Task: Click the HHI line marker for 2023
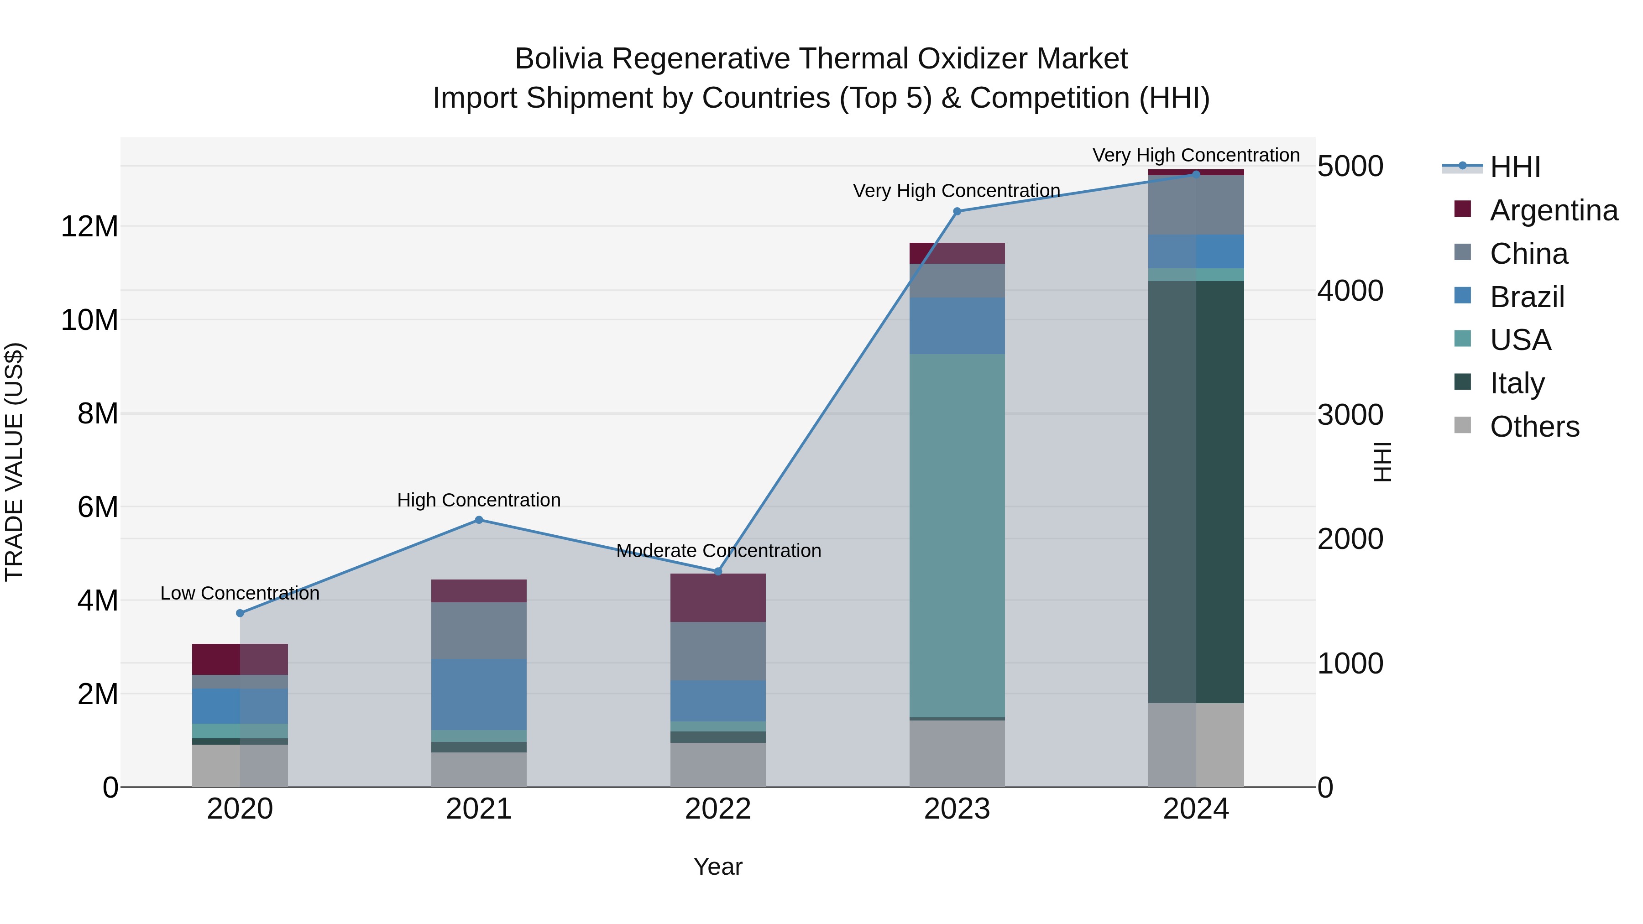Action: (957, 211)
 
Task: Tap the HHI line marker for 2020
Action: (240, 613)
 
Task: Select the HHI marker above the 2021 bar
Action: (479, 520)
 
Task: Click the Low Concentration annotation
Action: (240, 593)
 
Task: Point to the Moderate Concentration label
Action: (718, 550)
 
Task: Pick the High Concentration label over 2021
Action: (479, 500)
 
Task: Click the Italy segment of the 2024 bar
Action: (1196, 491)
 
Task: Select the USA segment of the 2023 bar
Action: (957, 536)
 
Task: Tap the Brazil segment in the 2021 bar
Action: (479, 694)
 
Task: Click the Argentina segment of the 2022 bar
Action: (718, 597)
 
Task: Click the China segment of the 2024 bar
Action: (1196, 205)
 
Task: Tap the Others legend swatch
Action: (1463, 425)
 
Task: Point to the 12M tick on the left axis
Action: (89, 226)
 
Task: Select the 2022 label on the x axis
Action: (718, 809)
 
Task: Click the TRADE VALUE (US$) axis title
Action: (14, 462)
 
